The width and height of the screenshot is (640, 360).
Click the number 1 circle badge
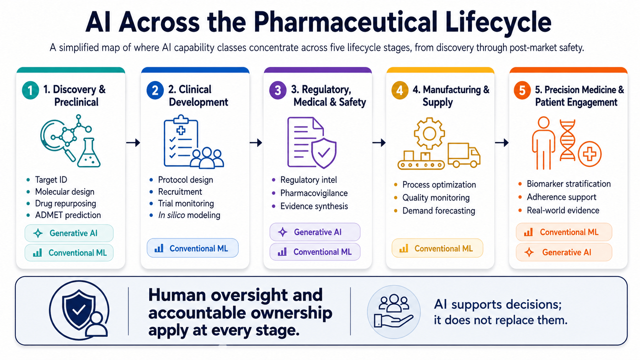point(30,90)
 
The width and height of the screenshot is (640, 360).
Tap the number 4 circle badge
point(400,90)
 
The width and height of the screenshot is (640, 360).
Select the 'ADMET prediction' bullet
point(68,215)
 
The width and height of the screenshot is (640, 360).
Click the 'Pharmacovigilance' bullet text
point(314,193)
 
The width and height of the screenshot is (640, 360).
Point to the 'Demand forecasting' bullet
point(439,211)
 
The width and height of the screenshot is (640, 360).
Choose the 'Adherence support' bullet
point(562,197)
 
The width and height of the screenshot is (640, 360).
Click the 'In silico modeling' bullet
point(189,215)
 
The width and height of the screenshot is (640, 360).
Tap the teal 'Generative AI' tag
point(69,233)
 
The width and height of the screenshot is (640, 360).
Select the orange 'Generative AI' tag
point(564,252)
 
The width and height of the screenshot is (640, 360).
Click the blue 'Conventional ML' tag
point(193,248)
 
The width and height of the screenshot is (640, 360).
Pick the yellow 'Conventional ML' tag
point(437,248)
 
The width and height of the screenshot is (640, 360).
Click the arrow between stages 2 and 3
point(256,142)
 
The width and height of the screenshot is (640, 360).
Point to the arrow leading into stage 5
point(502,142)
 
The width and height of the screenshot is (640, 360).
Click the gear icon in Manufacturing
point(429,133)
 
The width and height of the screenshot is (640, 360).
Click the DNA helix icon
point(567,140)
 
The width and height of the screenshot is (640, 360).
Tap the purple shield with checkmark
point(324,153)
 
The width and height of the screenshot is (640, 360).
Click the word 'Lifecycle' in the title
point(498,22)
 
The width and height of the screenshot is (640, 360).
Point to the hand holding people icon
point(393,311)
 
